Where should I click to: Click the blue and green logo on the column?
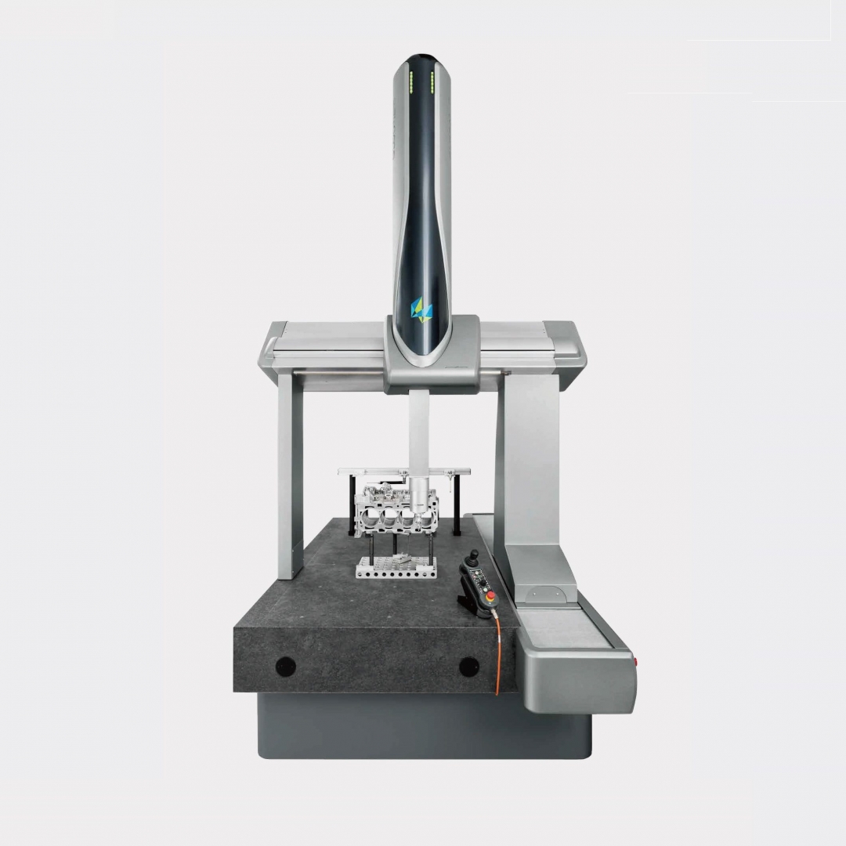(422, 308)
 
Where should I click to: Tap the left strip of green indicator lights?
(410, 79)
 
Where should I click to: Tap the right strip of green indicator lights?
(432, 79)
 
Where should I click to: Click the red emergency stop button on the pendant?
(492, 598)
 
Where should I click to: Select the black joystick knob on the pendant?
(472, 557)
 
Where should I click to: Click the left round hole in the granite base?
(286, 667)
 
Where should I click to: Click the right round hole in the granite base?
(468, 667)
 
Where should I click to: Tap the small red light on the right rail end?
(635, 663)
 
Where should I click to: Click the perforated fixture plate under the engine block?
(394, 567)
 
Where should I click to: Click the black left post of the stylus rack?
(352, 505)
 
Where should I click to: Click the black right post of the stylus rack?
(457, 505)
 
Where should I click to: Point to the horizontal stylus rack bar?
(404, 472)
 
